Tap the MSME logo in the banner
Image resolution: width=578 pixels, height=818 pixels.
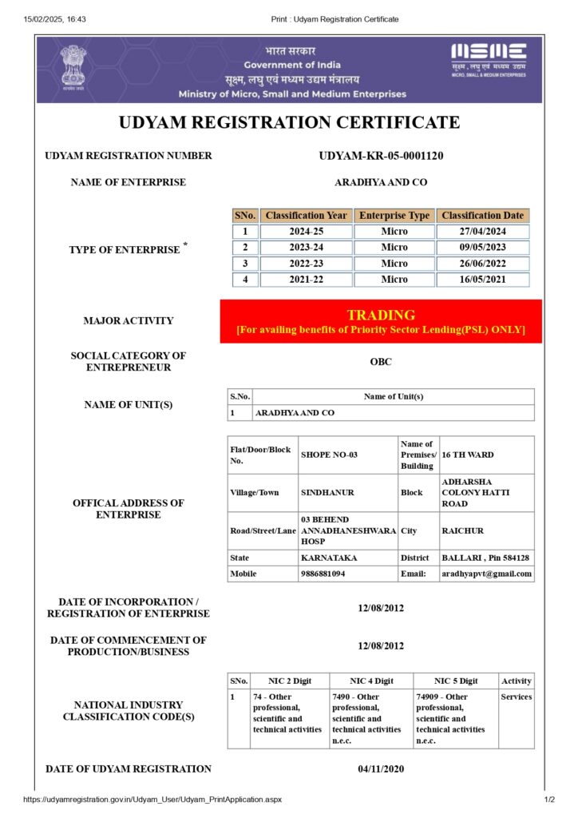(x=489, y=58)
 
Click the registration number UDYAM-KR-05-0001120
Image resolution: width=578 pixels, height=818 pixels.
(x=381, y=156)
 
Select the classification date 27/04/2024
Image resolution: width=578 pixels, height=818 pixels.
(x=483, y=232)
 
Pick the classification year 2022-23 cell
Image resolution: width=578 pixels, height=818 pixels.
(x=307, y=264)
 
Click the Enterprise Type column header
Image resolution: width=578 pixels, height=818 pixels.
(x=394, y=216)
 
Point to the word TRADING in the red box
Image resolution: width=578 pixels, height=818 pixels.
(x=381, y=316)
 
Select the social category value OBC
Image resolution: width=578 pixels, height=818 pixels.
(x=381, y=362)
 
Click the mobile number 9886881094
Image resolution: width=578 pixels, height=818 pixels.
(x=323, y=574)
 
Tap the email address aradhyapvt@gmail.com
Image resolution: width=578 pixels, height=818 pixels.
(x=486, y=574)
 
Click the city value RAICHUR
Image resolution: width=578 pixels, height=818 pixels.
(x=462, y=530)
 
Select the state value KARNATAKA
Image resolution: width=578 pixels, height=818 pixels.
(x=329, y=558)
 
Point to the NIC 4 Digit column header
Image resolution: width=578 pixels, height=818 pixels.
(x=371, y=681)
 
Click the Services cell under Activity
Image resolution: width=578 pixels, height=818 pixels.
(x=516, y=697)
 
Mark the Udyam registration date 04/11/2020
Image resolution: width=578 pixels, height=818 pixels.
(x=381, y=769)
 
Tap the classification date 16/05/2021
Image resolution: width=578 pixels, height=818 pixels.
(x=483, y=280)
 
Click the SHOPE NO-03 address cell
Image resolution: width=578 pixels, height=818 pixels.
(x=329, y=455)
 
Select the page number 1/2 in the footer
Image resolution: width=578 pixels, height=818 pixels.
(x=549, y=800)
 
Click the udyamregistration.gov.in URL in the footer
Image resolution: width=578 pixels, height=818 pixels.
(x=152, y=800)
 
